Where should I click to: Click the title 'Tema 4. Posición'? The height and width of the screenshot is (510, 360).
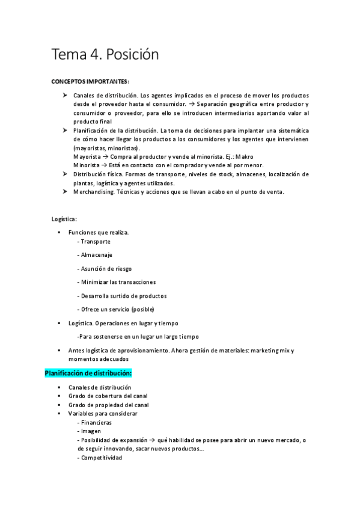(x=105, y=55)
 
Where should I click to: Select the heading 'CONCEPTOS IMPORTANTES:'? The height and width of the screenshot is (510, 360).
(x=90, y=81)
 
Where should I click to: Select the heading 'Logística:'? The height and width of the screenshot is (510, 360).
(x=64, y=218)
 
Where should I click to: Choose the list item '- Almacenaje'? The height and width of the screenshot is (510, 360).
(x=95, y=254)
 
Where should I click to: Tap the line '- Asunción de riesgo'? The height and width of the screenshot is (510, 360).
(x=105, y=268)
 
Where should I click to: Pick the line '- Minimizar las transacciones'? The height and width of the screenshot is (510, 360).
(x=117, y=282)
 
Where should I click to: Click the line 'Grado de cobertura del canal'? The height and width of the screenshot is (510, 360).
(x=108, y=396)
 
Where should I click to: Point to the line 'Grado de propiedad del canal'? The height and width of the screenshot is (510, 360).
(x=109, y=405)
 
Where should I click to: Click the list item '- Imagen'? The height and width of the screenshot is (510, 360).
(x=90, y=431)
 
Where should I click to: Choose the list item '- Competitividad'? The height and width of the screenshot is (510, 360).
(x=100, y=458)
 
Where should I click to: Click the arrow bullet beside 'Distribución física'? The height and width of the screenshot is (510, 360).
(x=64, y=174)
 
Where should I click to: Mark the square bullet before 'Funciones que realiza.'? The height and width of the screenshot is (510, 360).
(x=59, y=232)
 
